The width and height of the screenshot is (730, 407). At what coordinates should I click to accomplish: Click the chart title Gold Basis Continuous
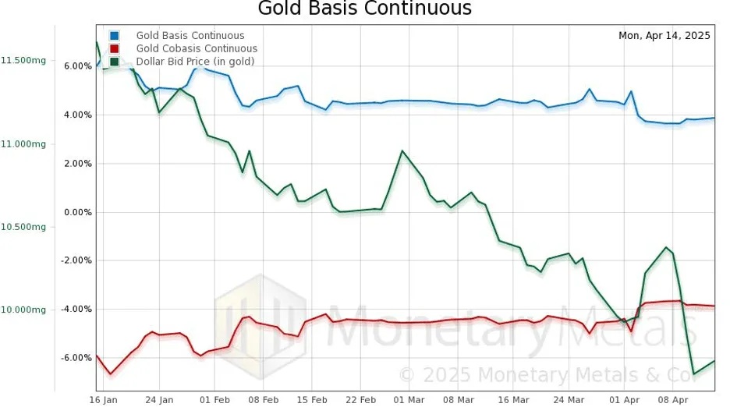point(365,9)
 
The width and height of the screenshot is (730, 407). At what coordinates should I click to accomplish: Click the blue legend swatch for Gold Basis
point(115,35)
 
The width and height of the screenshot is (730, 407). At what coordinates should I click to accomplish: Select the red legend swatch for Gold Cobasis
point(115,48)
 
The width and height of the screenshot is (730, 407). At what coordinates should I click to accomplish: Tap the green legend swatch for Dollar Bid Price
point(115,61)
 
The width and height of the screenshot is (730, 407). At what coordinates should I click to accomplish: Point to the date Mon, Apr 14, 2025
point(664,36)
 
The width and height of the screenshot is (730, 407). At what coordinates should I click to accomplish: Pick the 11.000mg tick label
point(23,144)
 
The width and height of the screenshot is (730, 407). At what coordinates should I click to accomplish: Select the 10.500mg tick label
point(23,227)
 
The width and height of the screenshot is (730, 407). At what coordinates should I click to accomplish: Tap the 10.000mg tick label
point(23,310)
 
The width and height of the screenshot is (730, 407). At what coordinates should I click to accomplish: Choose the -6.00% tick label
point(76,358)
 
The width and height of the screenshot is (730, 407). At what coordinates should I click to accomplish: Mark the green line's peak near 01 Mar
point(402,150)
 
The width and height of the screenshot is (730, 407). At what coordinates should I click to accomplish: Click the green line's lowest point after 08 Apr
point(693,375)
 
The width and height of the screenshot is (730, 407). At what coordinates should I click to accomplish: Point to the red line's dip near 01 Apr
point(631,331)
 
